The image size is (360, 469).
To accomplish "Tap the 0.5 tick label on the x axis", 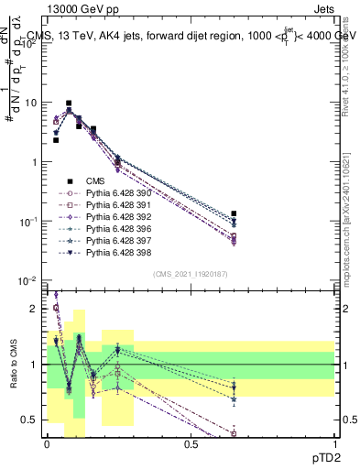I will pyautogui.click(x=191, y=443).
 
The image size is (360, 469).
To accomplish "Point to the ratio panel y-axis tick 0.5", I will pyautogui.click(x=29, y=420).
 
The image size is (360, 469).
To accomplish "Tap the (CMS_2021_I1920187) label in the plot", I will pyautogui.click(x=191, y=274).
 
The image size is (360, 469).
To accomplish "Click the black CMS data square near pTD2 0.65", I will pyautogui.click(x=234, y=213).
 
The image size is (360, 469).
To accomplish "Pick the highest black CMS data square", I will pyautogui.click(x=69, y=104).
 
